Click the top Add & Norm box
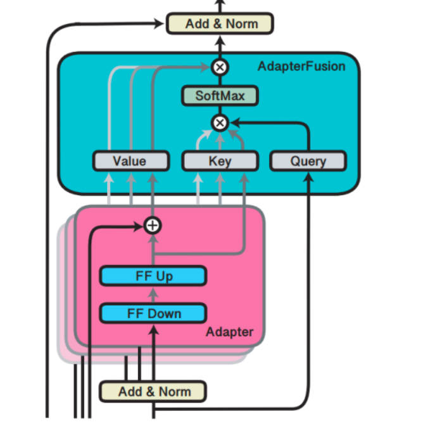tap(220, 24)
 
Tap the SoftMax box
tap(220, 96)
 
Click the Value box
tap(130, 161)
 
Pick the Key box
tap(220, 161)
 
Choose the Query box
tap(308, 161)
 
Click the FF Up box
tap(153, 277)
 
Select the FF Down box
tap(153, 313)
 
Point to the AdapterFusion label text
tap(301, 66)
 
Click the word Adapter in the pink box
tap(229, 332)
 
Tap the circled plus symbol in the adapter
tap(153, 225)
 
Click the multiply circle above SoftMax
tap(220, 66)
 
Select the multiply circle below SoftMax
tap(220, 122)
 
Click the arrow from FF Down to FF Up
tap(153, 295)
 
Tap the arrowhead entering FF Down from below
tap(153, 327)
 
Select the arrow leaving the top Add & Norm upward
tap(220, 6)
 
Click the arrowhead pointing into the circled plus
tap(142, 225)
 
